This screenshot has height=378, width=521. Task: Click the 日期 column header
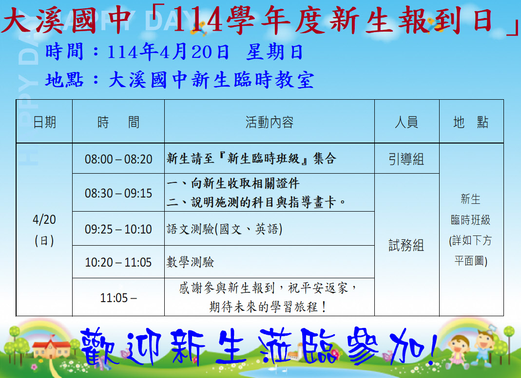pos(44,123)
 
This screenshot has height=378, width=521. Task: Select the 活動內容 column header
pos(270,123)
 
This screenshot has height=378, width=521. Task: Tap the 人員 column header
pos(406,123)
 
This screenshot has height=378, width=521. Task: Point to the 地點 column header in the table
pos(471,123)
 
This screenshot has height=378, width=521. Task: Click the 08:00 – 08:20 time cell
pos(118,159)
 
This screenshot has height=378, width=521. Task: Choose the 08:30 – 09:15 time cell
pos(118,193)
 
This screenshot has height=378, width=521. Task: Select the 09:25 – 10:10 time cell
pos(118,229)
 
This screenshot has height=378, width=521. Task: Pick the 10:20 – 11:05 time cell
pos(118,262)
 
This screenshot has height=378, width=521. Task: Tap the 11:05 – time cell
pos(118,298)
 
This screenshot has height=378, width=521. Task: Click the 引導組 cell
pos(406,159)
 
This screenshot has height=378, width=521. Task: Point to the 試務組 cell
pos(406,245)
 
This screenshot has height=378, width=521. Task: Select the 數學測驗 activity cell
pos(190,262)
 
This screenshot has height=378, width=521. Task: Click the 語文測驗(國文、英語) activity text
pos(224,229)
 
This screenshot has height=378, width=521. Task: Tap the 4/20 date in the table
pos(44,219)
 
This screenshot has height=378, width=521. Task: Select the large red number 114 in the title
pos(198,20)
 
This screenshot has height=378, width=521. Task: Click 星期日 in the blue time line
pos(274,52)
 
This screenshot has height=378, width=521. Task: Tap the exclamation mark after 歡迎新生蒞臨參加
pos(432,346)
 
